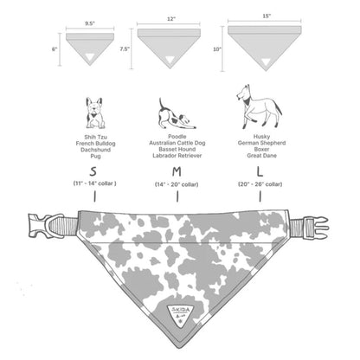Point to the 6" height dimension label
click(55, 50)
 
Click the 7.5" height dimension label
click(125, 49)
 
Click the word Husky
click(259, 136)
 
